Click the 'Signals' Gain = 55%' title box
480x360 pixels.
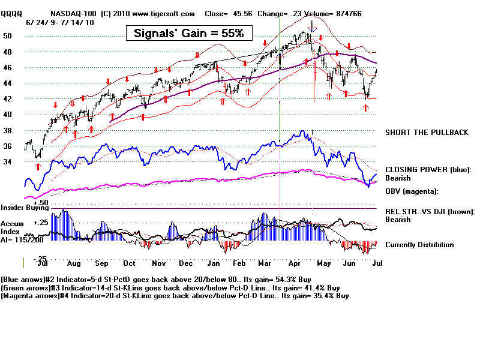point(188,33)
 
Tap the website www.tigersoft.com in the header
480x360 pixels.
point(164,13)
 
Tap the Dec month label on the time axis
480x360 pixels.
point(185,263)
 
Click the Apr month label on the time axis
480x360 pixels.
point(295,263)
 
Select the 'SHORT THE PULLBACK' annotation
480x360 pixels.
point(427,132)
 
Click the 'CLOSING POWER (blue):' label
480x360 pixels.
point(428,170)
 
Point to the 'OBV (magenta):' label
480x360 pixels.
point(412,191)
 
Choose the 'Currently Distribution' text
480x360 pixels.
point(419,245)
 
